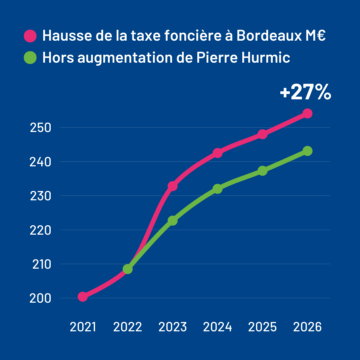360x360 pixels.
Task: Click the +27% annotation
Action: (x=305, y=92)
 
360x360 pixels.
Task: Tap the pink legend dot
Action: (x=30, y=36)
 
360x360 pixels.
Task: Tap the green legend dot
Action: (x=30, y=58)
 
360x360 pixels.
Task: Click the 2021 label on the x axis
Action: (x=83, y=327)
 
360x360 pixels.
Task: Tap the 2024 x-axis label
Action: (x=217, y=327)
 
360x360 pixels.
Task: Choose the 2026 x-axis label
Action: (x=307, y=327)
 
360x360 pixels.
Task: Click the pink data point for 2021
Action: (x=83, y=297)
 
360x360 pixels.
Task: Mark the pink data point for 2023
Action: (x=173, y=186)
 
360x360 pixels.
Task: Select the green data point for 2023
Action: (x=173, y=221)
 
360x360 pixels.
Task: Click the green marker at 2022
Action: (x=128, y=269)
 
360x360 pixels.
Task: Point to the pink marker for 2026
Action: (x=307, y=114)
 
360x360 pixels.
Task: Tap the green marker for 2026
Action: (x=307, y=151)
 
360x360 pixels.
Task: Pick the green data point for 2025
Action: (x=262, y=171)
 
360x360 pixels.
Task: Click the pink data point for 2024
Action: (x=217, y=153)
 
